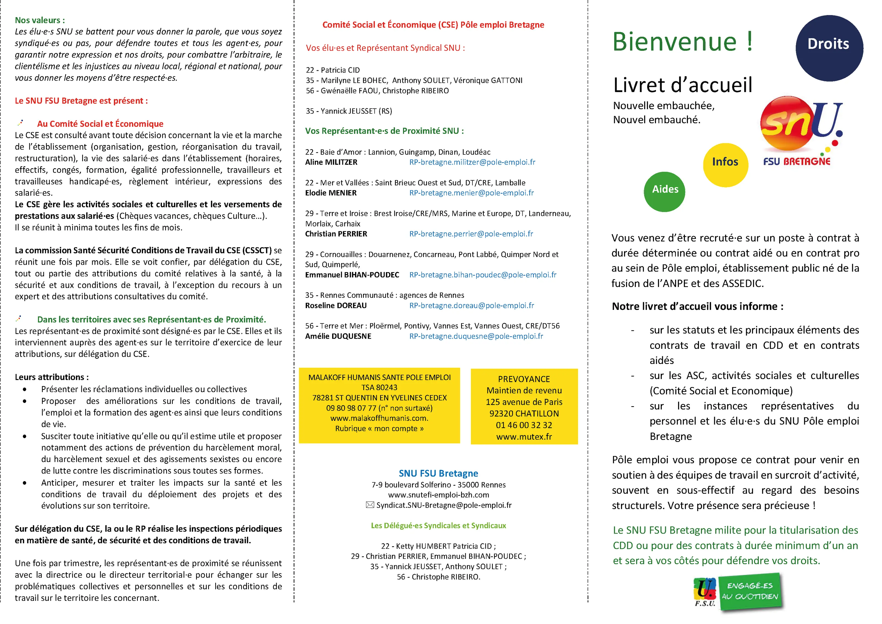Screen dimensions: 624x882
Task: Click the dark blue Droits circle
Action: coord(829,48)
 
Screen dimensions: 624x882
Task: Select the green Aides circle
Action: coord(665,191)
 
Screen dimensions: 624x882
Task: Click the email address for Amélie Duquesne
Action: coord(476,336)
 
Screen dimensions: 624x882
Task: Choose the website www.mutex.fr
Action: coord(524,436)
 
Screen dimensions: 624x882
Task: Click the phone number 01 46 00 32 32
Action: coord(524,425)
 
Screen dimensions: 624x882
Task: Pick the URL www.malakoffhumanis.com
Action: coord(379,418)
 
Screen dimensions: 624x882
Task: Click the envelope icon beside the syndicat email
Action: coord(370,505)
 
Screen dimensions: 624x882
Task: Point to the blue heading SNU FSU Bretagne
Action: coord(438,473)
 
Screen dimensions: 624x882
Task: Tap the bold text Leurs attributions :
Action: coord(52,377)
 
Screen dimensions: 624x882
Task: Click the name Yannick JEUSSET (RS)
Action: coord(349,111)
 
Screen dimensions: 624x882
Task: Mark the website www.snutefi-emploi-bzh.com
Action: coord(438,495)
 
